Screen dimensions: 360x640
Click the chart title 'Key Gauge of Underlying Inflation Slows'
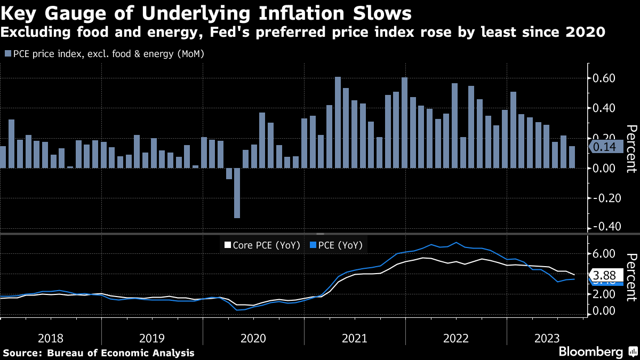point(205,13)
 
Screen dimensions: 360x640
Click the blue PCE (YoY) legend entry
point(337,245)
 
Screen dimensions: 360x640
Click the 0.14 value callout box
point(604,147)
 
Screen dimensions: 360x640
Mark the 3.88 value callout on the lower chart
point(604,276)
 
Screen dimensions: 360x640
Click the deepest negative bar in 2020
point(237,193)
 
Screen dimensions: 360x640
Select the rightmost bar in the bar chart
point(572,157)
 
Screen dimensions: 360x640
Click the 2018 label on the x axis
point(51,338)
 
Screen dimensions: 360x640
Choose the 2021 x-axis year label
point(354,338)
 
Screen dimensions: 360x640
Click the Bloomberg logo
point(590,352)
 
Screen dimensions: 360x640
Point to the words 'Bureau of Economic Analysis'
point(121,353)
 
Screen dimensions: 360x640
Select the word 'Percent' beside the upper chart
point(631,149)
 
